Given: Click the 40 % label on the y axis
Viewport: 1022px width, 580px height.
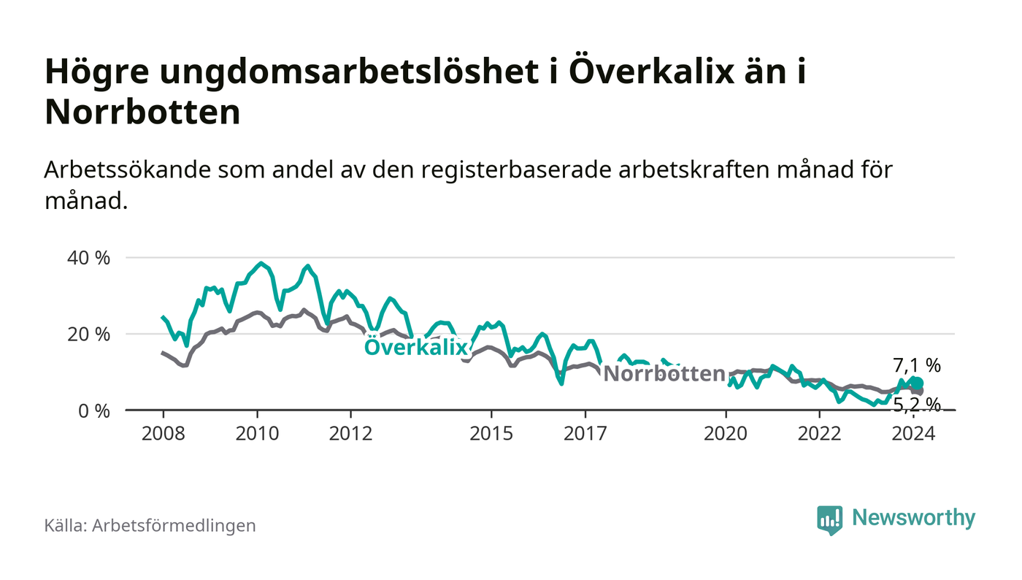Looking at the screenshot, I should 89,258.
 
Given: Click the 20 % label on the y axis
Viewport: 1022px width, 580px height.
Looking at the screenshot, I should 89,335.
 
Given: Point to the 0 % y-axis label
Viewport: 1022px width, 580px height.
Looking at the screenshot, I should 93,411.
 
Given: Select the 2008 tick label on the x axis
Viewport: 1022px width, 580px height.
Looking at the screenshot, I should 163,433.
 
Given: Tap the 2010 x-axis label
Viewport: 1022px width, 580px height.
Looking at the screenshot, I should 257,433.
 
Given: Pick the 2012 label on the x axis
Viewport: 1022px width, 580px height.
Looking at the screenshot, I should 351,433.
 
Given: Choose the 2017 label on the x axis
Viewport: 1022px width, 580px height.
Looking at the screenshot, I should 585,433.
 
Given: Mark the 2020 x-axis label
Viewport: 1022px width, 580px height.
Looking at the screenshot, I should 726,433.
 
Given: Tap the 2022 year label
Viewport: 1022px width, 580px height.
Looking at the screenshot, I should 820,433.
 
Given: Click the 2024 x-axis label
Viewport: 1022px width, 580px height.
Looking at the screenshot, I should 914,433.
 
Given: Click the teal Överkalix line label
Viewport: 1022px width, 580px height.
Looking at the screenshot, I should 415,348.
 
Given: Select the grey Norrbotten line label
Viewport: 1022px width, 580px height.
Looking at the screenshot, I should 664,374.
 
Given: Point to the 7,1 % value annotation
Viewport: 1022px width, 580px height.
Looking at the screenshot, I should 917,365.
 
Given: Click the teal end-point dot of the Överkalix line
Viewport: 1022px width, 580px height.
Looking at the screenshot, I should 918,384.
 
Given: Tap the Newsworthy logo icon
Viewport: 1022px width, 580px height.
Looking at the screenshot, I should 829,519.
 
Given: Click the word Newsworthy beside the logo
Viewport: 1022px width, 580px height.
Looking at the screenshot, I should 913,518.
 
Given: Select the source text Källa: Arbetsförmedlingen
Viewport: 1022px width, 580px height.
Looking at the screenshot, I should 150,525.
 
